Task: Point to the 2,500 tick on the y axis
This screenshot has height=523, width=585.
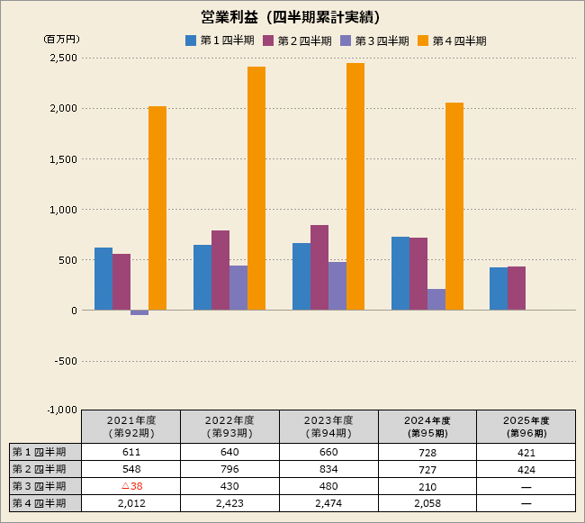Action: pyautogui.click(x=62, y=58)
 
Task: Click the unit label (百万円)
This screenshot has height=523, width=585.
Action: pyautogui.click(x=62, y=40)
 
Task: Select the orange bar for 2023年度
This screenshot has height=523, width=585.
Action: pyautogui.click(x=355, y=186)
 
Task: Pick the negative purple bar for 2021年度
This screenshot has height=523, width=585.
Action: pyautogui.click(x=139, y=312)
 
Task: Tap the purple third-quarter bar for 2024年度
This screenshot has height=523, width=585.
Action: pyautogui.click(x=436, y=299)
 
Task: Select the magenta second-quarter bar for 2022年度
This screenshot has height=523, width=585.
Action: pyautogui.click(x=220, y=270)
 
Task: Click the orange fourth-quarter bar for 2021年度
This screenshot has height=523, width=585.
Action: pyautogui.click(x=157, y=208)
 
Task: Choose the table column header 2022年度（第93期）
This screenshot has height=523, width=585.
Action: pyautogui.click(x=229, y=426)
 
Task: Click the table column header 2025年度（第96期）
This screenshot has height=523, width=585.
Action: pyautogui.click(x=526, y=426)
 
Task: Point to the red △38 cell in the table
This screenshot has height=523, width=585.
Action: pyautogui.click(x=131, y=486)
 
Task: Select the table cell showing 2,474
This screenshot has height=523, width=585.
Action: pyautogui.click(x=328, y=503)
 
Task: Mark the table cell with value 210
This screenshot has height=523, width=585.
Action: pyautogui.click(x=427, y=486)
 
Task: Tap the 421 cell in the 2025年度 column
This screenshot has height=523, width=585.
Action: pyautogui.click(x=526, y=452)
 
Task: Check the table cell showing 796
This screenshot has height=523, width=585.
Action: pyautogui.click(x=229, y=469)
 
